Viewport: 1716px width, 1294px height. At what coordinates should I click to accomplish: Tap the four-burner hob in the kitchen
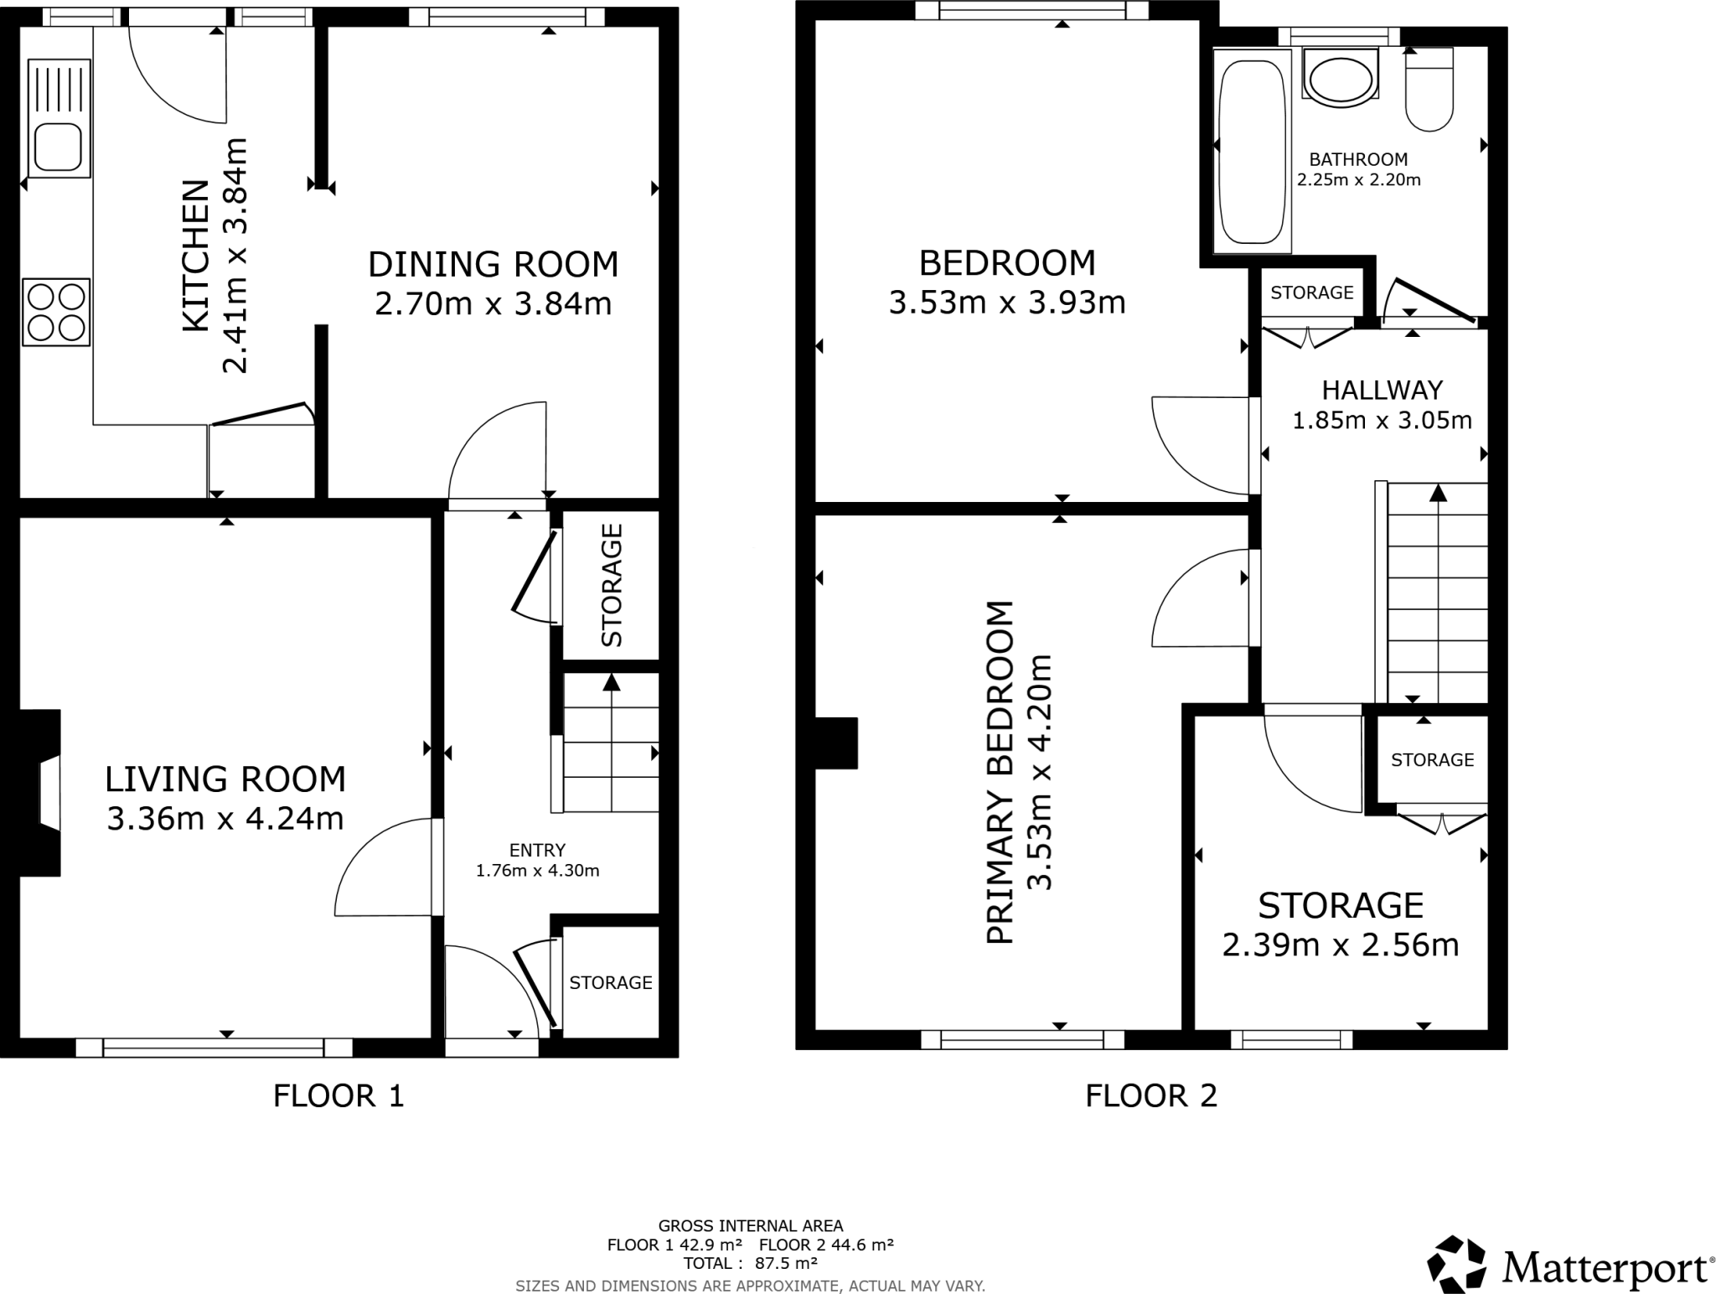pyautogui.click(x=56, y=312)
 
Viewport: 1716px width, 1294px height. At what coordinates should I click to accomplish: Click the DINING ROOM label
pyautogui.click(x=493, y=264)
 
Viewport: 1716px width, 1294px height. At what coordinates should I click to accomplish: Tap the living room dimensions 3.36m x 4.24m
pyautogui.click(x=225, y=818)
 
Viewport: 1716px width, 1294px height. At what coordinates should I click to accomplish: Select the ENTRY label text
pyautogui.click(x=537, y=850)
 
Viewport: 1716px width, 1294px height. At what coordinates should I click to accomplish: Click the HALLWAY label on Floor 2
pyautogui.click(x=1382, y=390)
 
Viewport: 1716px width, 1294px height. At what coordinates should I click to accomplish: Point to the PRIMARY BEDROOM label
pyautogui.click(x=1000, y=773)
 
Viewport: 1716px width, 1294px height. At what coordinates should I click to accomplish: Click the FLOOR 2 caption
pyautogui.click(x=1150, y=1095)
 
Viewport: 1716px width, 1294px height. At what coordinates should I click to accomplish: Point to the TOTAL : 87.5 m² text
pyautogui.click(x=750, y=1263)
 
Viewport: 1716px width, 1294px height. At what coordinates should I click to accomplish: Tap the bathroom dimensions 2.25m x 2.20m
pyautogui.click(x=1358, y=179)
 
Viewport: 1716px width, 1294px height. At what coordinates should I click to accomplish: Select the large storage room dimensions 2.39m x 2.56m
pyautogui.click(x=1340, y=945)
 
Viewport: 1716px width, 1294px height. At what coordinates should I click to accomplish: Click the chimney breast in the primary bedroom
pyautogui.click(x=836, y=743)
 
